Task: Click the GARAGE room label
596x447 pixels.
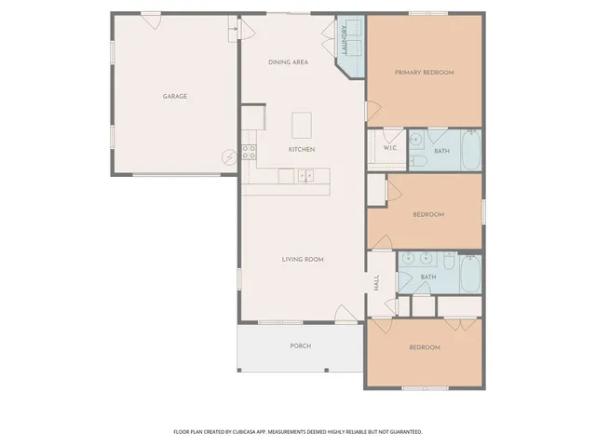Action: pyautogui.click(x=175, y=96)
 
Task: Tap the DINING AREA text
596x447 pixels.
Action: pyautogui.click(x=288, y=62)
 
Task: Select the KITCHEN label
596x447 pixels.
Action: pyautogui.click(x=301, y=149)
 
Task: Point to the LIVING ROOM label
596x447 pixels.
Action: pyautogui.click(x=303, y=259)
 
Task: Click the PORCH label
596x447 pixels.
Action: pyautogui.click(x=300, y=345)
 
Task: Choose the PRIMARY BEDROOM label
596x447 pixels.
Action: pyautogui.click(x=424, y=72)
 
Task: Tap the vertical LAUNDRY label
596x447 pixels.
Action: pyautogui.click(x=345, y=42)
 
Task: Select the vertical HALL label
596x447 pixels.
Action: pyautogui.click(x=377, y=283)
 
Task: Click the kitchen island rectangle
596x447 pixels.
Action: pyautogui.click(x=302, y=125)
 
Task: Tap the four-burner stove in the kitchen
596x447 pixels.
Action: pyautogui.click(x=250, y=152)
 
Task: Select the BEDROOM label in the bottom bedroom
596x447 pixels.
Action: pyautogui.click(x=424, y=347)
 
